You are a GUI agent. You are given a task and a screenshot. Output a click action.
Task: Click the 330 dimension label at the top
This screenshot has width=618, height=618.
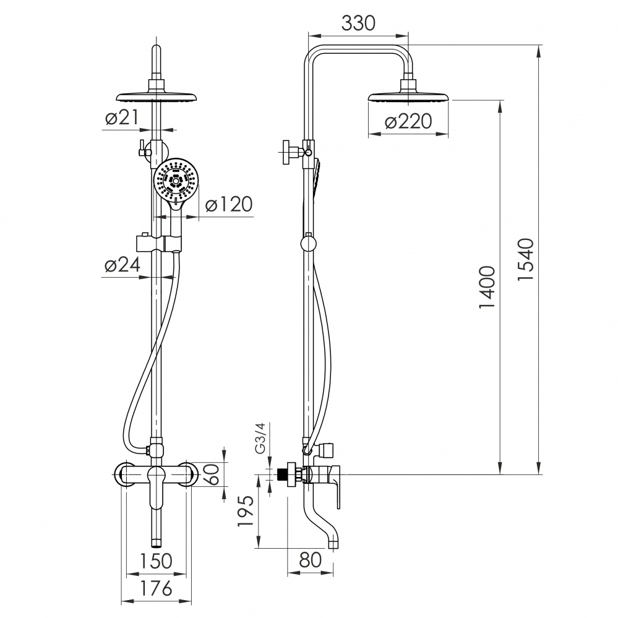(x=359, y=23)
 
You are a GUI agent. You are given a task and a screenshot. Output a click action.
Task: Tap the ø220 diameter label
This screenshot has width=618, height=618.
(x=408, y=122)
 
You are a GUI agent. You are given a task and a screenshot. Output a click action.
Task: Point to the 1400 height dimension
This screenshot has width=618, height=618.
(x=489, y=288)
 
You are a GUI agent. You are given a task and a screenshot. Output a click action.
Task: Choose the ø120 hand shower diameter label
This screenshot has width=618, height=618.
(x=229, y=205)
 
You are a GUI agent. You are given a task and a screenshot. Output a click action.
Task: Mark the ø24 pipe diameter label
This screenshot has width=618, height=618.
(x=122, y=265)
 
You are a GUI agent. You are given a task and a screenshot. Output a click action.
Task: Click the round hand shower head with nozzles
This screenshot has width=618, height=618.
(x=176, y=181)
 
